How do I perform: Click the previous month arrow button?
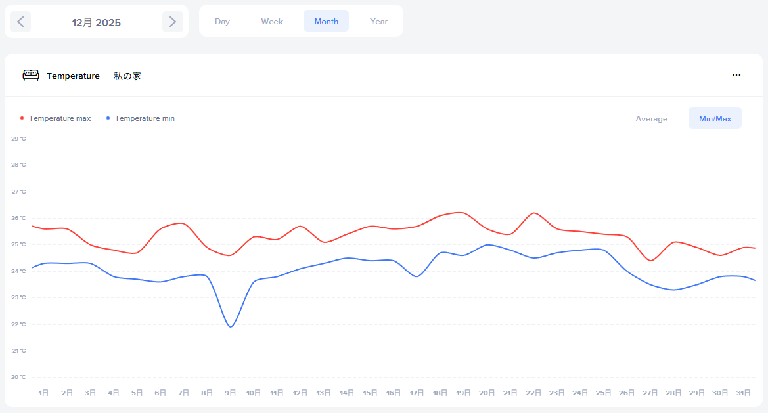click(x=20, y=22)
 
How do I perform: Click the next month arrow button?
click(x=172, y=22)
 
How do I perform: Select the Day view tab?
click(x=222, y=22)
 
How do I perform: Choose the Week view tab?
click(x=272, y=22)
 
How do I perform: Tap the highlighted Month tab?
click(x=326, y=22)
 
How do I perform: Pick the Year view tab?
click(x=378, y=22)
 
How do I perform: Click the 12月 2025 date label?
click(x=97, y=22)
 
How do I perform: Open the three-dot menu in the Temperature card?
click(x=736, y=76)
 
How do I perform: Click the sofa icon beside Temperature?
click(x=31, y=76)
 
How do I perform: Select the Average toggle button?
click(x=651, y=119)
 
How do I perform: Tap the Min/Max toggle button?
click(x=715, y=119)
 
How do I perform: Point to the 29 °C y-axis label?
click(x=18, y=139)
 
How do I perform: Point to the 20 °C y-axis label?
click(x=18, y=377)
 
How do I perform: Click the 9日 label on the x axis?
click(x=230, y=393)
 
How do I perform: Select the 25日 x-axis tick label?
click(x=603, y=393)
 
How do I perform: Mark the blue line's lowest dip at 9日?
click(x=231, y=327)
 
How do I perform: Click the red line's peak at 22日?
click(x=533, y=213)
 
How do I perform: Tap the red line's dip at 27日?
click(x=650, y=261)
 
